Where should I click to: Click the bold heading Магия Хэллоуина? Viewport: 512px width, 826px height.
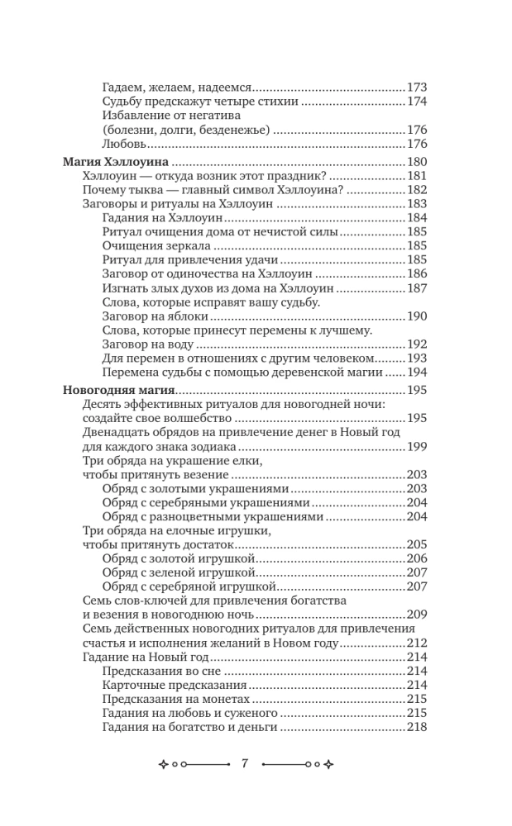click(115, 162)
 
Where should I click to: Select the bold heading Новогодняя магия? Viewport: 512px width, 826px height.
click(117, 390)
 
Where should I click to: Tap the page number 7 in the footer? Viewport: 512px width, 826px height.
click(246, 763)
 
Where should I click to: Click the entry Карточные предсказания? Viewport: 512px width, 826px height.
click(175, 686)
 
